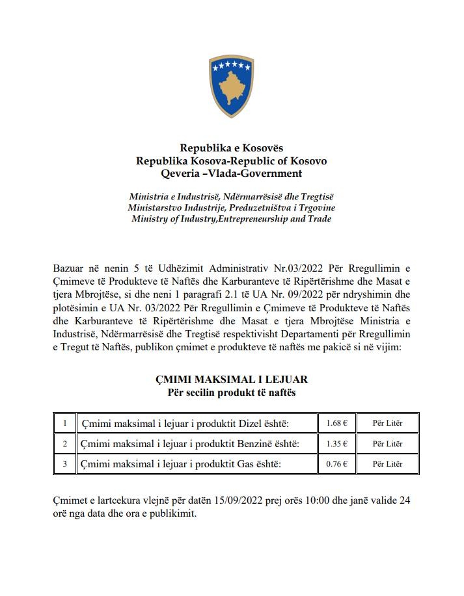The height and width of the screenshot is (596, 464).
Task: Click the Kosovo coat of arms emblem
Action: pos(231,86)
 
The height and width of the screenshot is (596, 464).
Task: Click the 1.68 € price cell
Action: pos(336,423)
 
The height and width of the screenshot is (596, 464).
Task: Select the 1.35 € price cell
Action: pos(336,443)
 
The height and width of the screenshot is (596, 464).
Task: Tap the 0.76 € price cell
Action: pos(336,463)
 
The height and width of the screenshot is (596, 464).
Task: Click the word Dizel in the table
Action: pos(242,424)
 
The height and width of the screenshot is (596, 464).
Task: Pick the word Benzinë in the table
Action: pos(251,444)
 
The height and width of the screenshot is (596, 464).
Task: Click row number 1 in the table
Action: pos(65,423)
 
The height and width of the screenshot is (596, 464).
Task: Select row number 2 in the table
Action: pos(65,443)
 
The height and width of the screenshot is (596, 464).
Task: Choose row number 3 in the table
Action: pos(65,463)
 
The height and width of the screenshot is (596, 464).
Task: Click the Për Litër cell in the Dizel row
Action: pos(387,423)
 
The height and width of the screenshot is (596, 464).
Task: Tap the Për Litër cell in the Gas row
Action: pos(387,463)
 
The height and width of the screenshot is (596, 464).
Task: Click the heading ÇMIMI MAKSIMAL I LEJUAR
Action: pos(232,379)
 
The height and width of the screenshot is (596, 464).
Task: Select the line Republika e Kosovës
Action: pos(232,148)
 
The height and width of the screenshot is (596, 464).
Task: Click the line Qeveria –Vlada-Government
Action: pos(232,173)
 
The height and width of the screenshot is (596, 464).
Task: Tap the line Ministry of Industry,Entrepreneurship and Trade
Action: pos(232,219)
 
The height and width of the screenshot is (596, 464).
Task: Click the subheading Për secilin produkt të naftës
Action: pos(232,392)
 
